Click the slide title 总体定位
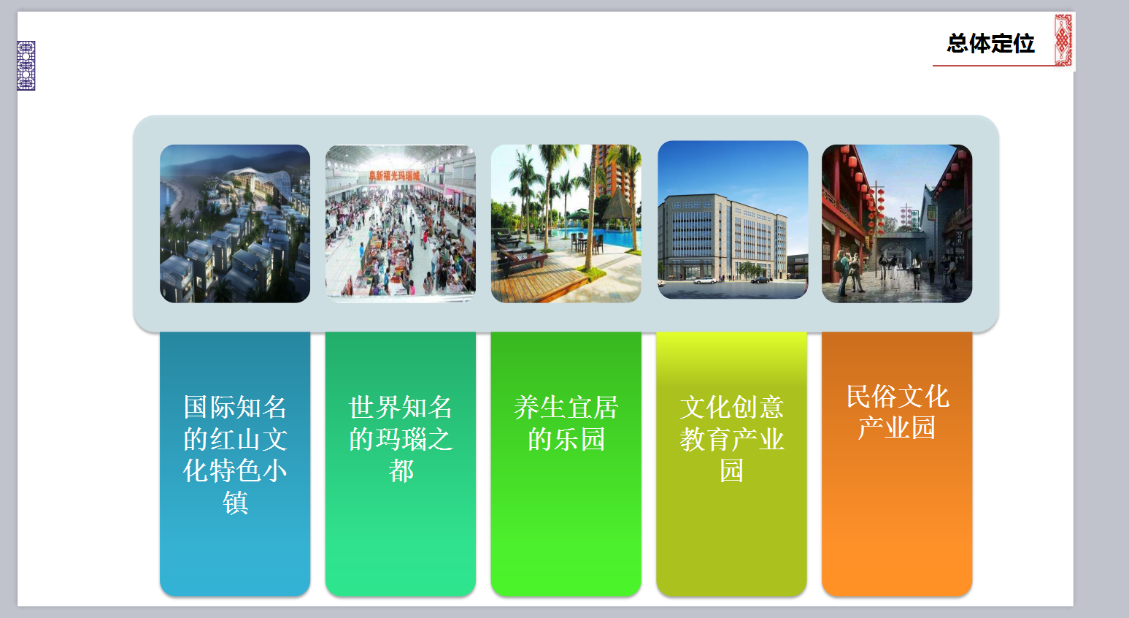[x=990, y=43]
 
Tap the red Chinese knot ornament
[x=1063, y=40]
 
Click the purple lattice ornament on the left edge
[x=26, y=66]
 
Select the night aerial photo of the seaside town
[x=235, y=224]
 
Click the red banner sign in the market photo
[x=393, y=175]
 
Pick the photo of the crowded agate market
[x=401, y=224]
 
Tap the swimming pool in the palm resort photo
[x=595, y=237]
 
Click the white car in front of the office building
[x=705, y=280]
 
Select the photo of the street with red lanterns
[x=897, y=224]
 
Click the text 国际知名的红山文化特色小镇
[x=235, y=454]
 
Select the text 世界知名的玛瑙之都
[x=401, y=438]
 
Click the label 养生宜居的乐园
[x=566, y=423]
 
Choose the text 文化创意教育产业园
[x=731, y=438]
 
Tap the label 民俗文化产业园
[x=897, y=412]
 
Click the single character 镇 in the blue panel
[x=236, y=503]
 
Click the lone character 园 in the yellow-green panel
[x=731, y=470]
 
